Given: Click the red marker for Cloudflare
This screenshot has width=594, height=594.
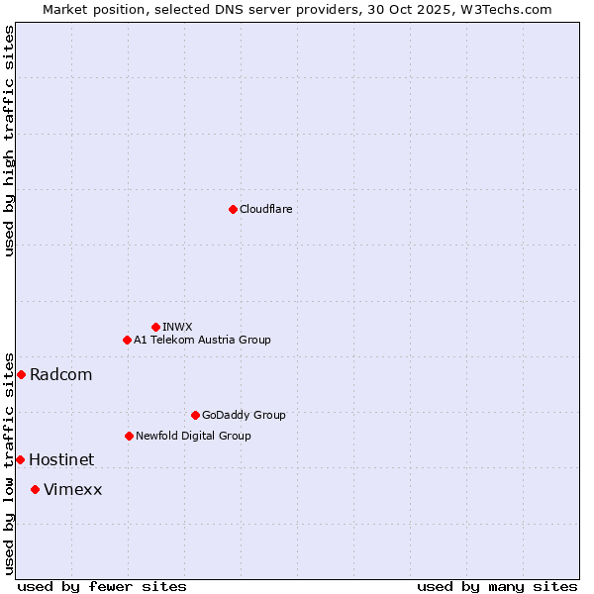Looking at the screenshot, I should [233, 209].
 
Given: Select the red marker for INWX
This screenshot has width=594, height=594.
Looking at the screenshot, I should [155, 327].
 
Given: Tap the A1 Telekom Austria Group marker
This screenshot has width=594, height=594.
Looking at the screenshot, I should [127, 340].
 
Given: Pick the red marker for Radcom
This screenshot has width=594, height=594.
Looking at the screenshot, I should [21, 374].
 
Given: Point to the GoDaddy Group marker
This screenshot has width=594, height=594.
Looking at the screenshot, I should [195, 415].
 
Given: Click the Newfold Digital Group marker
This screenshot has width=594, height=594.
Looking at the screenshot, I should [129, 436].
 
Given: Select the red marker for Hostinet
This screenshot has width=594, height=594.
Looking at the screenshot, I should [20, 459].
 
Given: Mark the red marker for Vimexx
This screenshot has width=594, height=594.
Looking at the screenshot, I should [35, 489].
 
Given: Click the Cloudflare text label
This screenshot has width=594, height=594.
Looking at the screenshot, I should [266, 209].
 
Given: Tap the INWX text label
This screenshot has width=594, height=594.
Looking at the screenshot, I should [177, 327].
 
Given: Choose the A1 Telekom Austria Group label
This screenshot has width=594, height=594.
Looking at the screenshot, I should [202, 340].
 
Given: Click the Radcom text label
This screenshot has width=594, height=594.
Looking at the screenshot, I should [61, 374].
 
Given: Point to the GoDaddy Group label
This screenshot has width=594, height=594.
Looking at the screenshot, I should [244, 415].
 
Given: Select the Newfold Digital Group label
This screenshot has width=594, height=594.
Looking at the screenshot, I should [193, 436].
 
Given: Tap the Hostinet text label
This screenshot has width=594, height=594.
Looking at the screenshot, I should [61, 459].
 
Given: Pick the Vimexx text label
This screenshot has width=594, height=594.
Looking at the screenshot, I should [73, 489].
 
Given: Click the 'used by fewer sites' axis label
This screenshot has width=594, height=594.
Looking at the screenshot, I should [102, 586].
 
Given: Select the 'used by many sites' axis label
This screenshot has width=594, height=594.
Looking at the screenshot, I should [497, 586].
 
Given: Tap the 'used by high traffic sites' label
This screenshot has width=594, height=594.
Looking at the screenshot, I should [9, 140].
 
